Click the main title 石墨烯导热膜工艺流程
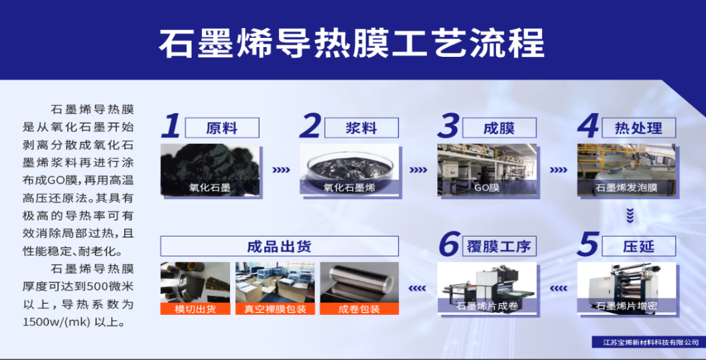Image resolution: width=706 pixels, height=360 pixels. point(352,43)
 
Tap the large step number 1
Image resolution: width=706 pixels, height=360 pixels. point(171,126)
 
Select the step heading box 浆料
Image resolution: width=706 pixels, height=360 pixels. point(361,128)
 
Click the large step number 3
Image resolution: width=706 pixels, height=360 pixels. point(449,127)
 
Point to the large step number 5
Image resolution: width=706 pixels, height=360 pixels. point(588,245)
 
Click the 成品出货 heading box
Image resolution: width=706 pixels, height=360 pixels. point(279,246)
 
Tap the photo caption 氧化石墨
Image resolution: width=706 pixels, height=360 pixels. point(210,188)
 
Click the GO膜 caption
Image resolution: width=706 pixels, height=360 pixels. point(486,188)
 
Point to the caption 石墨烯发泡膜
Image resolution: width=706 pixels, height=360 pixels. point(626,188)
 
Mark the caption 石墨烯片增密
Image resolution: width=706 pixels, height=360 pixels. point(626,306)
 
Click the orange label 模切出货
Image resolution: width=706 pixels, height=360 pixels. point(195,308)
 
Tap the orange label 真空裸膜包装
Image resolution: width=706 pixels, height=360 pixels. point(275,308)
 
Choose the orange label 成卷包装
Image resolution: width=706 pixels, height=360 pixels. point(359,308)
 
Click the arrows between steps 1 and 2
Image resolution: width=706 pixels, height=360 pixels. point(280,170)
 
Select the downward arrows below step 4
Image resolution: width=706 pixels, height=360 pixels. point(630,214)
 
